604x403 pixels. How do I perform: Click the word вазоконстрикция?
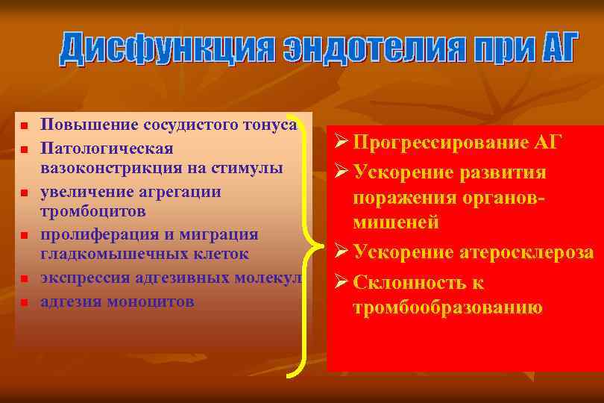coord(110,165)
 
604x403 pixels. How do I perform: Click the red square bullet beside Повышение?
coord(23,125)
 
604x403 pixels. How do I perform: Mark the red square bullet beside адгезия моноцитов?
coord(23,302)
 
